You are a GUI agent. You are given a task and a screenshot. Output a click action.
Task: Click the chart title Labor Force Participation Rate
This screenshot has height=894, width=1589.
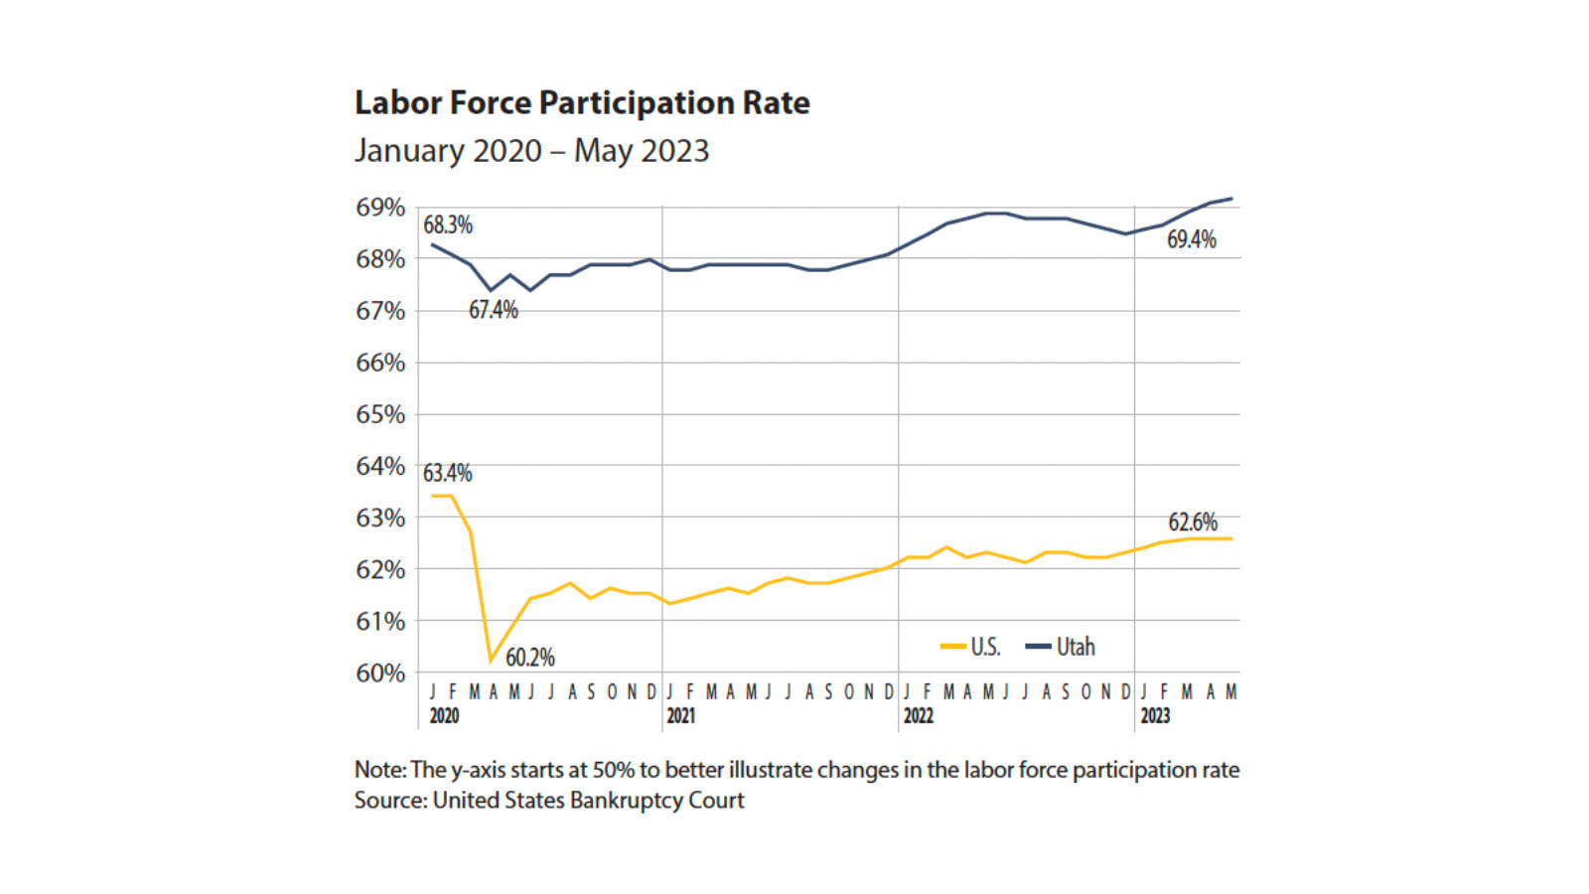click(582, 103)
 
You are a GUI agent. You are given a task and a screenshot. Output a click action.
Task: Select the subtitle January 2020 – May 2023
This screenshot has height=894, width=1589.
click(531, 151)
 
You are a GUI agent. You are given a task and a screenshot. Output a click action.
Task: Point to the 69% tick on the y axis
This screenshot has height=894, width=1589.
click(380, 208)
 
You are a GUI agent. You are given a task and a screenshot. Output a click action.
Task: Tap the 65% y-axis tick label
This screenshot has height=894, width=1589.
click(380, 414)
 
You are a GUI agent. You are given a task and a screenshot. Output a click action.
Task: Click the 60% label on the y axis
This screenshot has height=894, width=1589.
click(380, 672)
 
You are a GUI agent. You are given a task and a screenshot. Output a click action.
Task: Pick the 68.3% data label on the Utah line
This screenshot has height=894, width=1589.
click(448, 225)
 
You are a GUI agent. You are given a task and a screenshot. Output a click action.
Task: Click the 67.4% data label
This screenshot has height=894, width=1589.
click(494, 310)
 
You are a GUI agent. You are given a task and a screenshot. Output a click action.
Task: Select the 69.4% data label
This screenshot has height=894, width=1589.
click(1191, 239)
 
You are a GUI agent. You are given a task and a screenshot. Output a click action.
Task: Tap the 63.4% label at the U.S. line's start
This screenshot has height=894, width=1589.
click(448, 473)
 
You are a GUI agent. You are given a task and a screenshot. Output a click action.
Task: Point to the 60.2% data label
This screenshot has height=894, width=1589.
click(530, 658)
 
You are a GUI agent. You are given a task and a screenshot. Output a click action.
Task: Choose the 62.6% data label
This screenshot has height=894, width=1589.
click(1192, 522)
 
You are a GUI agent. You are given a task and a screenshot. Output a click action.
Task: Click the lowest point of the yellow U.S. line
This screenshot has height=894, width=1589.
click(491, 661)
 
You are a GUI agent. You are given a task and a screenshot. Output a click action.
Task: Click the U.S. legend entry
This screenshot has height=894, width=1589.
click(971, 647)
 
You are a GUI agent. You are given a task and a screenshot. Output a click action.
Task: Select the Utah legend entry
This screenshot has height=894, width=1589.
click(1061, 647)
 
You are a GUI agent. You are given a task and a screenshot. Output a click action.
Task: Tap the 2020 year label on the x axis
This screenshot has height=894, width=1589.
click(444, 716)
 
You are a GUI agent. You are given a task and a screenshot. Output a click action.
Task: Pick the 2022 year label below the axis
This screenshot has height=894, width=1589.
click(918, 716)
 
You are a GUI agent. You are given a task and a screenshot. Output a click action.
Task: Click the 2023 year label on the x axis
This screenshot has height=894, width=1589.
click(1154, 716)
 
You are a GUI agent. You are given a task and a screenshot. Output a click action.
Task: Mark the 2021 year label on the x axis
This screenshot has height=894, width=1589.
click(680, 716)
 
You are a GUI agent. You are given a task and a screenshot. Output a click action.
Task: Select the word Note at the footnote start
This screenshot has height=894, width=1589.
click(378, 770)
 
